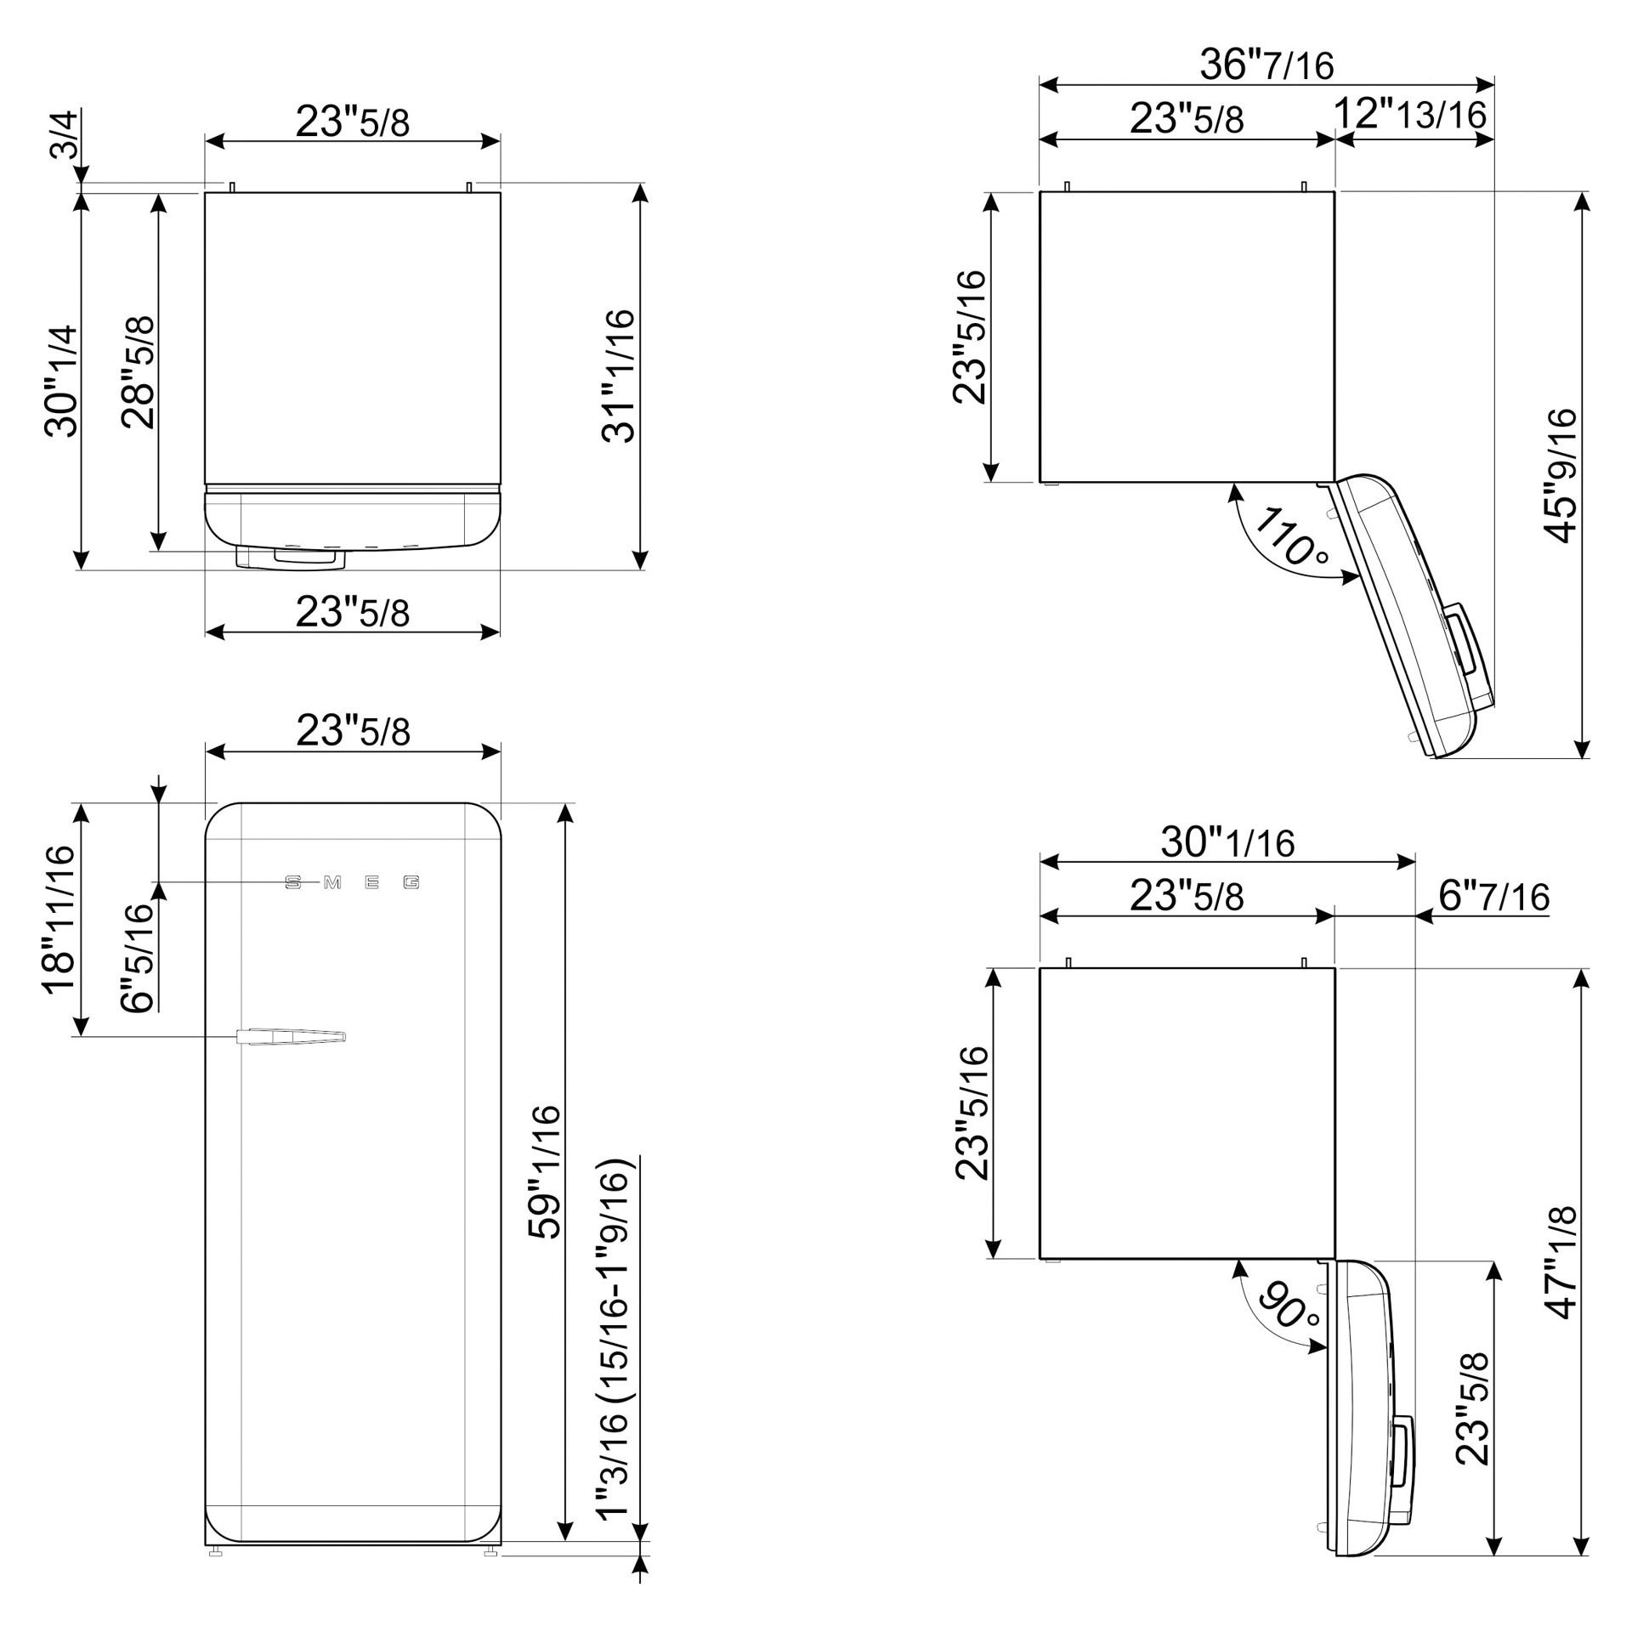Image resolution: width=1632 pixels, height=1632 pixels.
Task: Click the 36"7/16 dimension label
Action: pyautogui.click(x=1266, y=64)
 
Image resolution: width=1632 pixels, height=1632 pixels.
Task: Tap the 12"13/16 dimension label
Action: pyautogui.click(x=1410, y=114)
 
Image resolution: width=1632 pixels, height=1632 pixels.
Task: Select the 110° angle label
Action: pyautogui.click(x=1290, y=536)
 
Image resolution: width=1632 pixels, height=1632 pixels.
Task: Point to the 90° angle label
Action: pyautogui.click(x=1289, y=1305)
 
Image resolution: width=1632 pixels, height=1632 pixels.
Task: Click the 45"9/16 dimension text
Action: pyautogui.click(x=1560, y=475)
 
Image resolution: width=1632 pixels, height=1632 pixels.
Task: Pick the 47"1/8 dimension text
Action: pyautogui.click(x=1561, y=1261)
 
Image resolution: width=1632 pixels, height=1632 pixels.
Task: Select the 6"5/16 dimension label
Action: pyautogui.click(x=138, y=958)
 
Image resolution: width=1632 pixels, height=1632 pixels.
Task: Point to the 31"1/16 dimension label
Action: pyautogui.click(x=618, y=376)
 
